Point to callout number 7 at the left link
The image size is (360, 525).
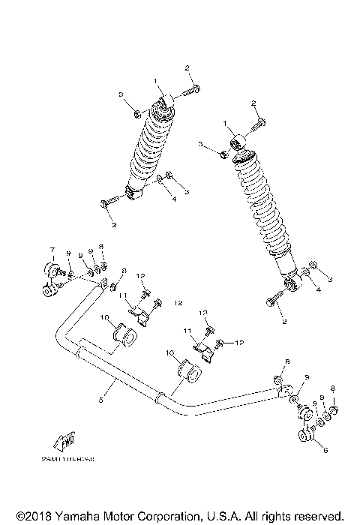pos(52,249)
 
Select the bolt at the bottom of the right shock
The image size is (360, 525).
pos(273,301)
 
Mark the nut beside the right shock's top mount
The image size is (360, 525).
pos(223,153)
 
